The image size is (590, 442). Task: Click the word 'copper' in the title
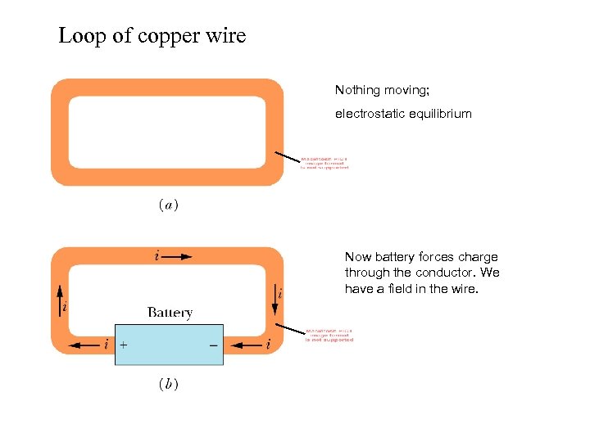coord(143,37)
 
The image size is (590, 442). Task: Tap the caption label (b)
coord(168,384)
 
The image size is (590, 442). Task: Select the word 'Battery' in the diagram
coord(170,312)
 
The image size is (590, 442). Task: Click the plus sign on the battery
coord(123,345)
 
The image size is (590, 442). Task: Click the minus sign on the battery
coord(213,345)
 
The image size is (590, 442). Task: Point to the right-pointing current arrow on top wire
coord(177,256)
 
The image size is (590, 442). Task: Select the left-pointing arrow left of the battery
coord(83,345)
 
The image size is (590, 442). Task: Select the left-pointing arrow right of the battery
coord(245,345)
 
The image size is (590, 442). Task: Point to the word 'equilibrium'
coord(442,114)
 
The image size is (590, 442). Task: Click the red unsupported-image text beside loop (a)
coord(324,163)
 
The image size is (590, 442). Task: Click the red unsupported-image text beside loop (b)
coord(329,336)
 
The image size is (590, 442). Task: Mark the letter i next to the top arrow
coord(157,256)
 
